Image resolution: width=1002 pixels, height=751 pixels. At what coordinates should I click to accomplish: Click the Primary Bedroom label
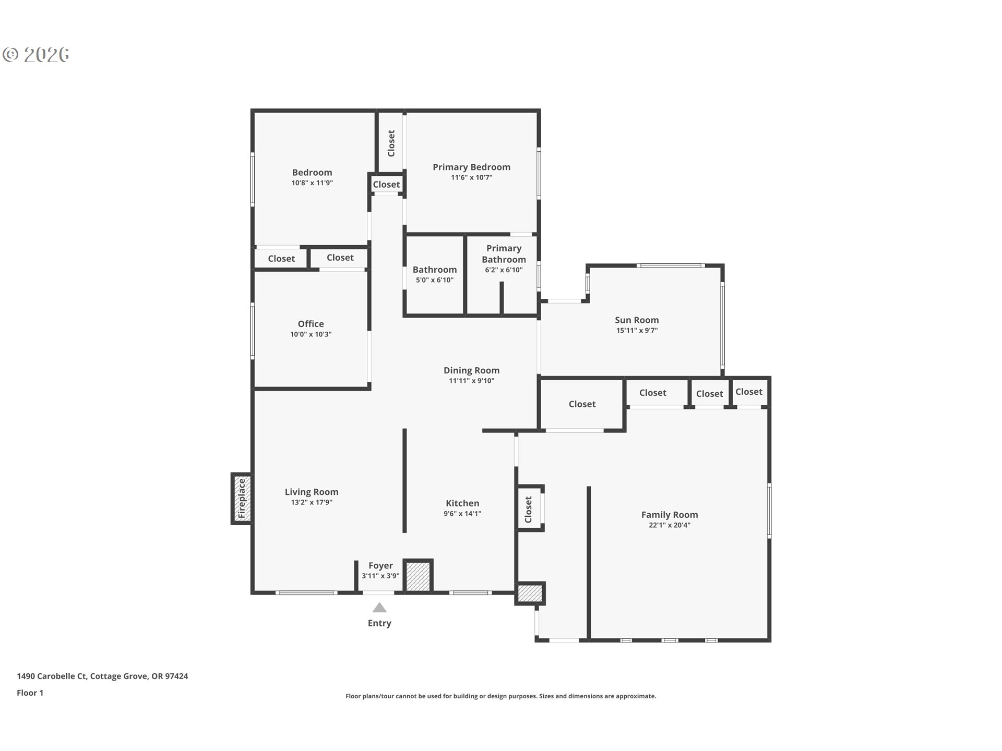click(471, 167)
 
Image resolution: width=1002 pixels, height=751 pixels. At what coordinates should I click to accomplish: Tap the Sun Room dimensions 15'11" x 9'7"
click(637, 331)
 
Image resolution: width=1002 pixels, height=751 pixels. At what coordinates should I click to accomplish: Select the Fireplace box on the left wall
click(242, 499)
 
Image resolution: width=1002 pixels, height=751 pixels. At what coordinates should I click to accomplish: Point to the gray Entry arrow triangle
click(379, 608)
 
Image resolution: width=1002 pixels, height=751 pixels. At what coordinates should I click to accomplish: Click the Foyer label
click(380, 565)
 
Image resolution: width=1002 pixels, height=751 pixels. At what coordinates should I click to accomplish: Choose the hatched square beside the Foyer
click(419, 576)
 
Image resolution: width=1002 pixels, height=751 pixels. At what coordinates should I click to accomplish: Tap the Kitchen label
click(462, 503)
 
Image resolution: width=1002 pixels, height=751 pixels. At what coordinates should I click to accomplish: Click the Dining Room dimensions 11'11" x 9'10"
click(472, 381)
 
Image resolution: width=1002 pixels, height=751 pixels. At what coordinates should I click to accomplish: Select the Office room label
click(311, 324)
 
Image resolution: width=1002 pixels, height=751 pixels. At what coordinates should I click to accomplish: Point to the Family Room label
click(670, 515)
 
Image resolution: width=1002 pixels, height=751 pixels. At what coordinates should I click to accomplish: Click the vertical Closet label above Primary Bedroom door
click(391, 143)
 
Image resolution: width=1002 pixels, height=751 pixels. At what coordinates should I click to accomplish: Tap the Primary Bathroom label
click(504, 254)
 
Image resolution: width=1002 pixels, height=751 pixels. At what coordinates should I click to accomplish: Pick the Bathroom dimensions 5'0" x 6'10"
click(435, 280)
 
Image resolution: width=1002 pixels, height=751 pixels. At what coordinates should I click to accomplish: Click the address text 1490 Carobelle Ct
click(52, 676)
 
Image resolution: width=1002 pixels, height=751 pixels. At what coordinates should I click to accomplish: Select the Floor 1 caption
click(30, 693)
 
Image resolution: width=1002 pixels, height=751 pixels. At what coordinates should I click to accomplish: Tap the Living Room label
click(312, 492)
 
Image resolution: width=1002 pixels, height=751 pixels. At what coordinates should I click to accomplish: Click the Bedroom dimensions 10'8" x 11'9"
click(312, 183)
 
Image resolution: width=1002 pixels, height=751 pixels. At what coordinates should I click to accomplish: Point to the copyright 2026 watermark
click(36, 54)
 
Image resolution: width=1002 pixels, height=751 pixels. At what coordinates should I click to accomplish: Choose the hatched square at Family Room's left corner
click(530, 593)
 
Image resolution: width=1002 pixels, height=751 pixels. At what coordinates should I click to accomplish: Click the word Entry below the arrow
click(379, 623)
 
